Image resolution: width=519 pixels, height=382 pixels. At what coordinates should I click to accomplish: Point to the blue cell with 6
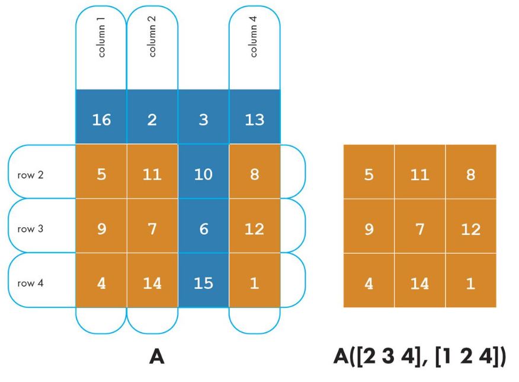coord(203,229)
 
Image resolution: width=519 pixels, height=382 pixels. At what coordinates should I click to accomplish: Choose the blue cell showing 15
coord(203,282)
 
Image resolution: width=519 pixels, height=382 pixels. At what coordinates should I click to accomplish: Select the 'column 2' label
coord(152,41)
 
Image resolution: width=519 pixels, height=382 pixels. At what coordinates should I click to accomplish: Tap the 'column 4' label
coord(254,41)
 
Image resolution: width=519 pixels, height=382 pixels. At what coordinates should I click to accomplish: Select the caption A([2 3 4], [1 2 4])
coord(419,358)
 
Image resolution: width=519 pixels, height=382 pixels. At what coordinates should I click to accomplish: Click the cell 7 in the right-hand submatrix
coord(420,229)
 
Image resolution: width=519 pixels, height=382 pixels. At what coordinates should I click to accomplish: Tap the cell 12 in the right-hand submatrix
coord(471,229)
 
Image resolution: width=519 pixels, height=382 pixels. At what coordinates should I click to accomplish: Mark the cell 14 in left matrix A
coord(152,282)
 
